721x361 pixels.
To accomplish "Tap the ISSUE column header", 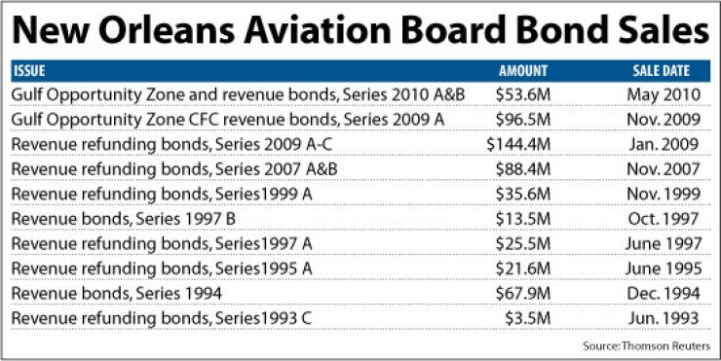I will coord(29,71).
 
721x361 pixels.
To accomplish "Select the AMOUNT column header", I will coord(523,71).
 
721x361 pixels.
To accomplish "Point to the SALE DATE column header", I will coord(661,71).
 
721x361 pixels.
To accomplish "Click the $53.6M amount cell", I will coord(523,93).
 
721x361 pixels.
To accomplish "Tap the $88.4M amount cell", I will coord(523,167).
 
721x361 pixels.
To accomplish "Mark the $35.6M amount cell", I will coord(523,192).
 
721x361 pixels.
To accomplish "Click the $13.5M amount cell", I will coord(523,216).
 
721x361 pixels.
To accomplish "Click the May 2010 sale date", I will coord(662,93).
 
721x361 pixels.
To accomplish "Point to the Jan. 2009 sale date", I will coord(662,143).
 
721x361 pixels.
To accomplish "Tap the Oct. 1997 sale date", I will coord(662,216).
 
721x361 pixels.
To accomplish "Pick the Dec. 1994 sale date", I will coord(662,291).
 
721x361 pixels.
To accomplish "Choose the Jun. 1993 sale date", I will coord(662,315).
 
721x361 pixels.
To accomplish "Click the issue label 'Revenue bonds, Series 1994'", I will coord(114,291).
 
